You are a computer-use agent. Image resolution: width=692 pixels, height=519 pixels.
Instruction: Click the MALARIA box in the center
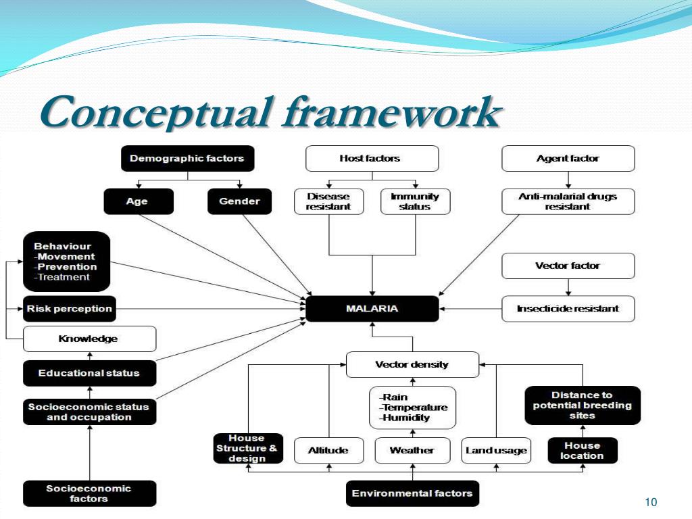pyautogui.click(x=372, y=309)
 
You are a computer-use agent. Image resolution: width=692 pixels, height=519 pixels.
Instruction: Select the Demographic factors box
pyautogui.click(x=187, y=159)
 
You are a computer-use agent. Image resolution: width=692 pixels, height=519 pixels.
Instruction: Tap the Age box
pyautogui.click(x=138, y=201)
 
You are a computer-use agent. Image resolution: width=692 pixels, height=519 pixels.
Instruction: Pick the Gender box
pyautogui.click(x=239, y=201)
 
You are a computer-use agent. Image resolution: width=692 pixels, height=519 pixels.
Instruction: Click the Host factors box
pyautogui.click(x=372, y=159)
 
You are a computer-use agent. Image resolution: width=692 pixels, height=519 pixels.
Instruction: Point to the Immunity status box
pyautogui.click(x=415, y=201)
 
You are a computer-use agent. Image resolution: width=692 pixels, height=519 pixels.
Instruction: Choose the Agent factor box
pyautogui.click(x=568, y=159)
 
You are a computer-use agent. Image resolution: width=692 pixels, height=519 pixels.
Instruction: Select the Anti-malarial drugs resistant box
pyautogui.click(x=568, y=201)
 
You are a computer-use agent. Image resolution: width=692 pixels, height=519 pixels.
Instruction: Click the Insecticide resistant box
pyautogui.click(x=568, y=309)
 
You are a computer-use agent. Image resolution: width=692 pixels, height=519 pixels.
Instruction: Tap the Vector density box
pyautogui.click(x=412, y=365)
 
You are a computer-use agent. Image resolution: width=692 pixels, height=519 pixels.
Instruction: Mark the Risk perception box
pyautogui.click(x=69, y=309)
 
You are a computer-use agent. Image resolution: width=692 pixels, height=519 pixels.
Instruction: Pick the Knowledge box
pyautogui.click(x=89, y=339)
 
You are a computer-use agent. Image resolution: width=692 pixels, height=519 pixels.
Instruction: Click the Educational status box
pyautogui.click(x=89, y=373)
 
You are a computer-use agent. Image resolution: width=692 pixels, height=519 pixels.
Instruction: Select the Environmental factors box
pyautogui.click(x=412, y=493)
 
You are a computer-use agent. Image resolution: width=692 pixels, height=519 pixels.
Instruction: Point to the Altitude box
pyautogui.click(x=328, y=451)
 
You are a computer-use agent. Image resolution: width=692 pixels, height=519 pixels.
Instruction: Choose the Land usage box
pyautogui.click(x=496, y=451)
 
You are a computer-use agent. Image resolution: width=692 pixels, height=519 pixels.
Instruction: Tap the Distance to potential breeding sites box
pyautogui.click(x=582, y=405)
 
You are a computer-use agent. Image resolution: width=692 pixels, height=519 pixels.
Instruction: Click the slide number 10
pyautogui.click(x=651, y=502)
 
